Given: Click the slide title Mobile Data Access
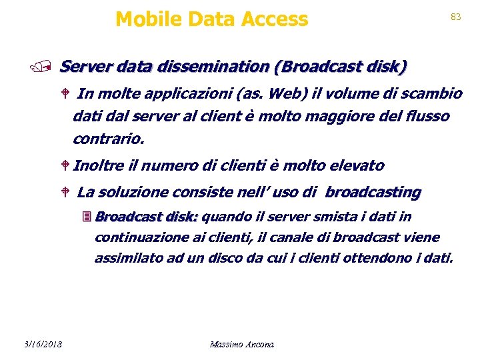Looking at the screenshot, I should tap(211, 19).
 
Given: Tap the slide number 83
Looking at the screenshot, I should tap(456, 17).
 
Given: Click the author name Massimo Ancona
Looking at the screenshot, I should tap(241, 345).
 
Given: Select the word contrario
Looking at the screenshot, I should tap(107, 140).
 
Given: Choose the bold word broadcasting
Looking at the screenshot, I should tap(373, 193).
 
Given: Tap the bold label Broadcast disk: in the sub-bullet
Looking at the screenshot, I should tap(147, 217).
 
